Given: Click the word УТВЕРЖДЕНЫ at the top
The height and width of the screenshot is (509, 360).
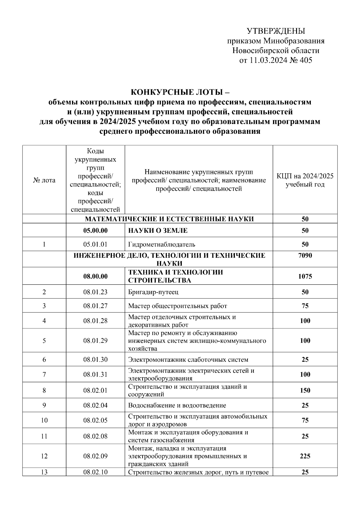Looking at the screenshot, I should pos(276,31).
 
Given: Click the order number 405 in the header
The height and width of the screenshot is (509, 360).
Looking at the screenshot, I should pos(306,60).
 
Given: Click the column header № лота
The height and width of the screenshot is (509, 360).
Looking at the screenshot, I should pos(44,180).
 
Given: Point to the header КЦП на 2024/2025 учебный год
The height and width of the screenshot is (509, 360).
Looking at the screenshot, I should pos(305,180).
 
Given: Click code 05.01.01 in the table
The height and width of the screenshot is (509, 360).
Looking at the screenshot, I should pos(95,244).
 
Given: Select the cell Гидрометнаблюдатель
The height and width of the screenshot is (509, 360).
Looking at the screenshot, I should pos(162,244).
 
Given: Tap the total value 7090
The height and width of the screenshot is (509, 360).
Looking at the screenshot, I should pos(305,256).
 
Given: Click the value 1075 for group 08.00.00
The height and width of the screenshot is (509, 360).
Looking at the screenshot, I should pos(305,276).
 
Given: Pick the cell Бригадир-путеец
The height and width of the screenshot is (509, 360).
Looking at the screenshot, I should pos(153,292).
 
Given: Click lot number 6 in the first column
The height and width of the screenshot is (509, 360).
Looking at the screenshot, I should pos(44,359).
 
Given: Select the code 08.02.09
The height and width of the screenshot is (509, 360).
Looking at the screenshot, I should pos(95,456).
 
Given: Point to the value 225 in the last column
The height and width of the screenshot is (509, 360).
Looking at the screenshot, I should pos(305,456).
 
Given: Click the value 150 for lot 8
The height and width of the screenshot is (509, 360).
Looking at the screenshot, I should pos(305,390).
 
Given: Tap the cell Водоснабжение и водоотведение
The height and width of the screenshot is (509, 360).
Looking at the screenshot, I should pos(177,405).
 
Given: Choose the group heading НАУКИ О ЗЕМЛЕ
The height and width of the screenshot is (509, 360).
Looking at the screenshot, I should pos(158,230).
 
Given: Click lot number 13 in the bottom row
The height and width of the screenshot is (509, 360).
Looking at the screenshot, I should pos(44,472).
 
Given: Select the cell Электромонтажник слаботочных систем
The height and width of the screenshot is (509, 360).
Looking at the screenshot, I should pos(188,359).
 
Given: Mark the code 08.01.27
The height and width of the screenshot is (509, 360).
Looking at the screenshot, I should pos(95,306).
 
